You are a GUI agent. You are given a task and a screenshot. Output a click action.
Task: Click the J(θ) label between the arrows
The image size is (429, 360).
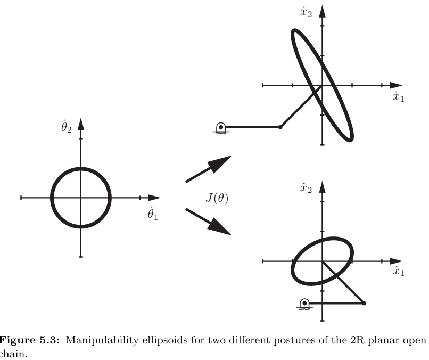coord(217,197)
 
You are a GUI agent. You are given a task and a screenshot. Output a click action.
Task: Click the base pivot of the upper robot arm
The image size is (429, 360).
coord(220,127)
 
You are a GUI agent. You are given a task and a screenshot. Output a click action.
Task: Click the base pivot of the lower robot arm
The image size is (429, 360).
coord(304,303)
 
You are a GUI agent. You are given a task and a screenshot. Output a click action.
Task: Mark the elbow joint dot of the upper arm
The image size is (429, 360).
coord(280,127)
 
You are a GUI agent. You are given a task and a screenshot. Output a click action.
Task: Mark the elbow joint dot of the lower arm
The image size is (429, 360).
coord(364,303)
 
